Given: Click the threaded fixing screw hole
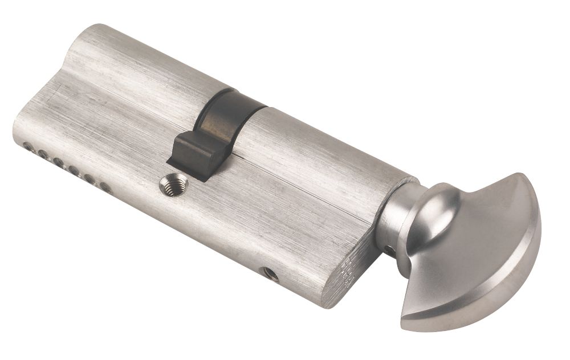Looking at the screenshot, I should click(x=173, y=185).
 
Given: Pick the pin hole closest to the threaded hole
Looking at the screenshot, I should click(x=106, y=186).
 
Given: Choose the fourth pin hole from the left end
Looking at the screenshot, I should click(x=74, y=170).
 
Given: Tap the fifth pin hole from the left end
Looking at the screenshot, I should click(x=90, y=178).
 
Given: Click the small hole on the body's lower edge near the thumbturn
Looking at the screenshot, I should click(x=271, y=275).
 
